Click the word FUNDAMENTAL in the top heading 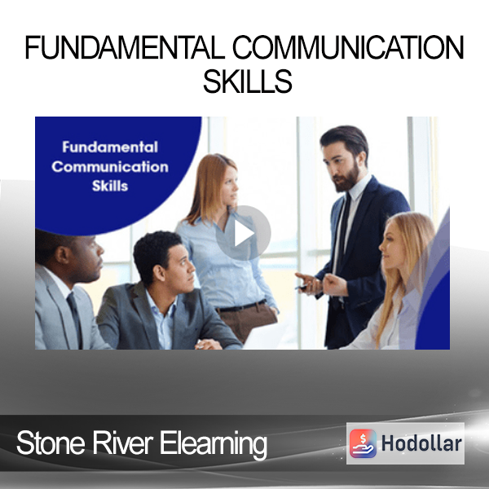pyautogui.click(x=125, y=47)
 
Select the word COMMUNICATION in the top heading pyautogui.click(x=348, y=47)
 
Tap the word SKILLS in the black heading pyautogui.click(x=248, y=81)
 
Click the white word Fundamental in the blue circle pyautogui.click(x=110, y=148)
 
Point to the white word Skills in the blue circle pyautogui.click(x=110, y=186)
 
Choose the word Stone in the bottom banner pyautogui.click(x=51, y=443)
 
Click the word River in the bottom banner pyautogui.click(x=122, y=443)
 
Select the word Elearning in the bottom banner pyautogui.click(x=214, y=444)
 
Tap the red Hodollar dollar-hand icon pyautogui.click(x=363, y=443)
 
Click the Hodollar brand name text pyautogui.click(x=421, y=443)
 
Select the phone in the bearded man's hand pyautogui.click(x=302, y=287)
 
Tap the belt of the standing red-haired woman pyautogui.click(x=242, y=306)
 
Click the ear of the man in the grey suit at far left pyautogui.click(x=62, y=255)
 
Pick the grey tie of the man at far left pyautogui.click(x=75, y=319)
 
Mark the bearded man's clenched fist pyautogui.click(x=333, y=284)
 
